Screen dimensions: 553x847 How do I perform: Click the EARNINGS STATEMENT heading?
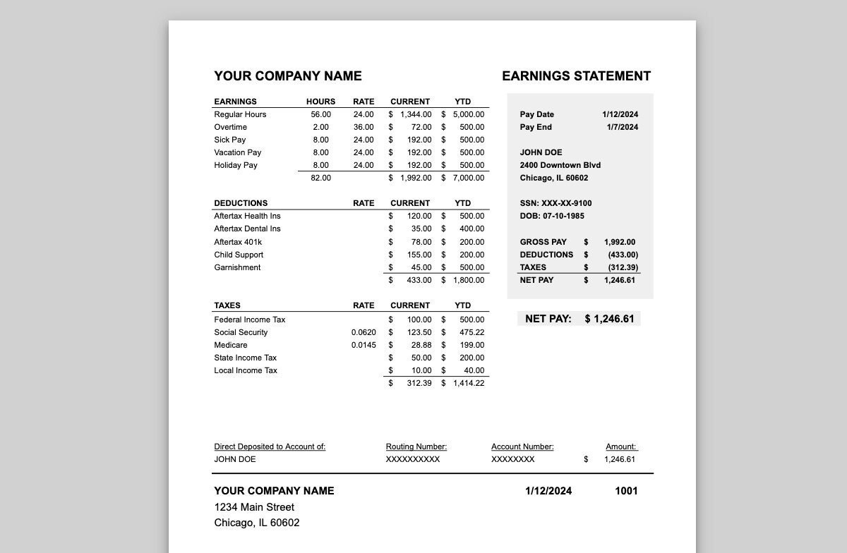tap(576, 76)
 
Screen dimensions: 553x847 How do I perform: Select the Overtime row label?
tap(231, 127)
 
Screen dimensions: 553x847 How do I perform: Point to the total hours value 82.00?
tap(320, 178)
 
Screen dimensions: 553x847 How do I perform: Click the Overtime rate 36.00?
tap(364, 127)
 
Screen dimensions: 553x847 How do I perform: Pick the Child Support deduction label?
tap(239, 255)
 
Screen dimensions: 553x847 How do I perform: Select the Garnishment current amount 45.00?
tap(421, 267)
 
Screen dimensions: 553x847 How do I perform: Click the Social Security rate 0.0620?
tap(364, 332)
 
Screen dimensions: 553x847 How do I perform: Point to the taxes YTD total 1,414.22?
tap(469, 383)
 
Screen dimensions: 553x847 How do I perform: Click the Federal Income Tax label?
tap(250, 320)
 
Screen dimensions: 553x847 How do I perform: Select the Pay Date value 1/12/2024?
tap(620, 114)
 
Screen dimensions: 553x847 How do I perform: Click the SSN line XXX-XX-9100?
tap(556, 203)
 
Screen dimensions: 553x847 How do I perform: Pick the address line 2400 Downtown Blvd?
tap(560, 165)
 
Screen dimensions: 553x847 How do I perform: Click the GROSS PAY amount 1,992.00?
tap(620, 242)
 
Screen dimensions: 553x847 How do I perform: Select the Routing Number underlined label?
tap(416, 446)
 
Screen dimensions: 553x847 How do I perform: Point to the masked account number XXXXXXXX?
tap(513, 459)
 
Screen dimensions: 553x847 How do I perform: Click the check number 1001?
tap(626, 491)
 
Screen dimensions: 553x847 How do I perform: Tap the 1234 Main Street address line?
tap(254, 507)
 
